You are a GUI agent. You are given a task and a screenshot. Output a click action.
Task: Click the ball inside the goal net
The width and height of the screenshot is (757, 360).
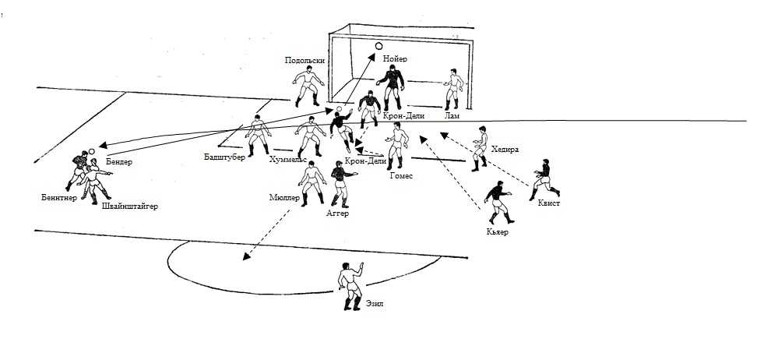(378, 46)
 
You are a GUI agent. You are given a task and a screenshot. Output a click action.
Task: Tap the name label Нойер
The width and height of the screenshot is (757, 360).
(395, 59)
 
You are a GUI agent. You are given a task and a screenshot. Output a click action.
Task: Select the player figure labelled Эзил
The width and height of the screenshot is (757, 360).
(350, 286)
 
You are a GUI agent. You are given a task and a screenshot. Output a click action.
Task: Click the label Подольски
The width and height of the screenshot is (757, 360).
(305, 61)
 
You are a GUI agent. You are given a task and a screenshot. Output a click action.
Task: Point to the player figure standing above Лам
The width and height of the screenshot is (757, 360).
(453, 89)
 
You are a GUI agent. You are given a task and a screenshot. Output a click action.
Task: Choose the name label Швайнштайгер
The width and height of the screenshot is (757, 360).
(130, 206)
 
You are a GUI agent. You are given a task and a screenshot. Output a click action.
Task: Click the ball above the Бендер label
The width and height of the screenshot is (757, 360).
(92, 151)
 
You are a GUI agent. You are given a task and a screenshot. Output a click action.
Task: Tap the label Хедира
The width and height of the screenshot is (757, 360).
(505, 150)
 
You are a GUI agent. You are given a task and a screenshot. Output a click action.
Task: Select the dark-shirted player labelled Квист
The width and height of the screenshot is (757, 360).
(545, 179)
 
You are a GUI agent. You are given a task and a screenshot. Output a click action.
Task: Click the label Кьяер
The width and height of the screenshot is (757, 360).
(498, 232)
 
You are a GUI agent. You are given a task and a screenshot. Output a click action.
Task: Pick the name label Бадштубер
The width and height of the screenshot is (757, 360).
(224, 157)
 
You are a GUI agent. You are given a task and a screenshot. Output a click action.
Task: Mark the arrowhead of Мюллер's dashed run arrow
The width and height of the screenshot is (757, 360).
(247, 256)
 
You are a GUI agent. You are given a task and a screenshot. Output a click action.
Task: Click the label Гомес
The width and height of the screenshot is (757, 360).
(401, 176)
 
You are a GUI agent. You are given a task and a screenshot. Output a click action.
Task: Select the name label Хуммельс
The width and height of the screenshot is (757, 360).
(288, 160)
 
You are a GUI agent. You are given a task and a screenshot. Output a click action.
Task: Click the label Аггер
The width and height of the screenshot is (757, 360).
(337, 213)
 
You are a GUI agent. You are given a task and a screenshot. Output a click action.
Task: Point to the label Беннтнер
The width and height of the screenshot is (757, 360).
(59, 197)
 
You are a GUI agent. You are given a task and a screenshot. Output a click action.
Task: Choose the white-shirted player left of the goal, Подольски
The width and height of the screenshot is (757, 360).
(308, 86)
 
